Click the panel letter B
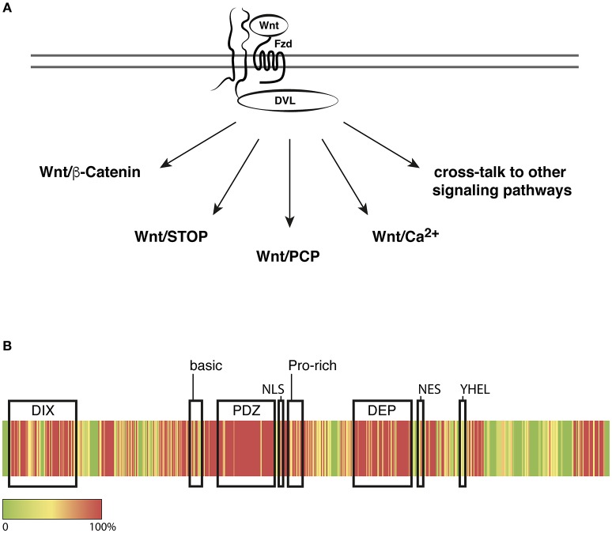click(7, 345)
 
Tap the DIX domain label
click(43, 410)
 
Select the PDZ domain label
click(244, 410)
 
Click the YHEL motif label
click(474, 388)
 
